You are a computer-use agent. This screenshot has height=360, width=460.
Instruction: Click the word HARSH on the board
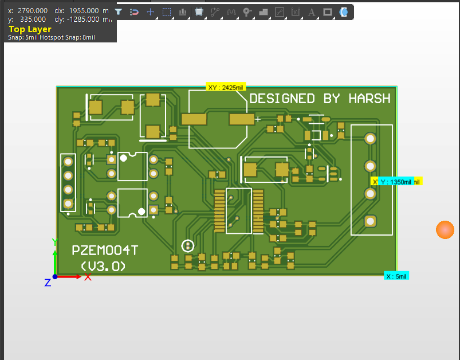click(369, 99)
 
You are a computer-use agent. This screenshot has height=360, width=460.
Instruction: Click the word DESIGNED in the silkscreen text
click(282, 99)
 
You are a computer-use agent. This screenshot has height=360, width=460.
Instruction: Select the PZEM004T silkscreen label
click(105, 251)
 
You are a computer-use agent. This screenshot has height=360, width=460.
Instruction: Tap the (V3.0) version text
click(103, 267)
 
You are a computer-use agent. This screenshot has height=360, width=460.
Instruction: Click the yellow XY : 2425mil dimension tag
click(226, 87)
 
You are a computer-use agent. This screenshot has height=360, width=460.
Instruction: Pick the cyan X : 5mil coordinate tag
click(396, 276)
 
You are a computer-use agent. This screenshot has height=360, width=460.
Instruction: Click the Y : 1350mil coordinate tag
click(396, 182)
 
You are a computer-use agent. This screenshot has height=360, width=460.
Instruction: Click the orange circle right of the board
click(445, 229)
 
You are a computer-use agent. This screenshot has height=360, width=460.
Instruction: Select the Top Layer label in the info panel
click(30, 29)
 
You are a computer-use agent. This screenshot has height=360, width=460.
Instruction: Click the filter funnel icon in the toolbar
click(118, 11)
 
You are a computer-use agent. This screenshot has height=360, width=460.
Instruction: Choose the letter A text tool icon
click(312, 12)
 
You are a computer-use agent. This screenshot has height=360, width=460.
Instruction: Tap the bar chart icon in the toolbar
click(183, 12)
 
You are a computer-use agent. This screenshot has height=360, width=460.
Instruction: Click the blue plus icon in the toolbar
click(150, 11)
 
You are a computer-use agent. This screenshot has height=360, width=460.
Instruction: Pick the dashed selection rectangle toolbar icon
click(166, 12)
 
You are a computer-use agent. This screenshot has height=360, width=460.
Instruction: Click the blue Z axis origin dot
click(55, 277)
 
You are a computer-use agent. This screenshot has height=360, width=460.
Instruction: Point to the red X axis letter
click(88, 277)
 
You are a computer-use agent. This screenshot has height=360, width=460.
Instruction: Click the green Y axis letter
click(55, 242)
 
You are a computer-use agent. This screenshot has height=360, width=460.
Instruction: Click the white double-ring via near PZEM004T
click(187, 245)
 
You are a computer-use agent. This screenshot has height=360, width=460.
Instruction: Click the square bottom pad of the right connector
click(371, 221)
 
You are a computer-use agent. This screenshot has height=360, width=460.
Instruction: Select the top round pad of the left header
click(68, 161)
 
